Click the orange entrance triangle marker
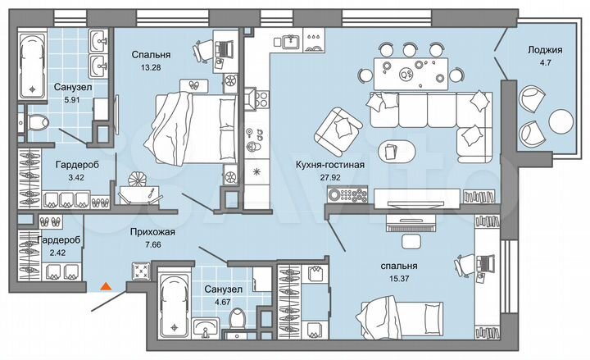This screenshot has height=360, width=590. (x=104, y=286)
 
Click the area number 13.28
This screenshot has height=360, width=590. (x=147, y=68)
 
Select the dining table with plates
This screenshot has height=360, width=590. (x=407, y=70)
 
